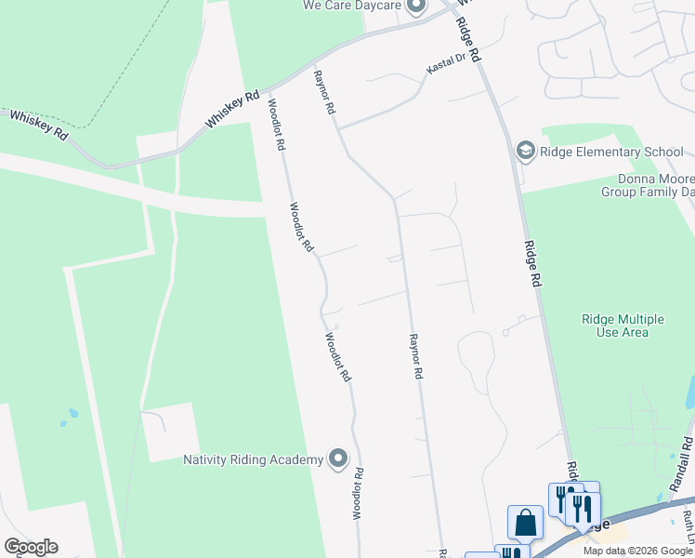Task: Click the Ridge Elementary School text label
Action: coord(612,152)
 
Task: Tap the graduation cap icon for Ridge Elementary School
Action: coord(525,152)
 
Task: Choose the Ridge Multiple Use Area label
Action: coord(623,325)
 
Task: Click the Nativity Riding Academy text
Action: coord(252,459)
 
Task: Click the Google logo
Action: coord(31,547)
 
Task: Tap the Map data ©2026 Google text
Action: coord(637,551)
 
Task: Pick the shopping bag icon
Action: coord(525,523)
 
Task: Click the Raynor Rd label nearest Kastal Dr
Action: coord(324,93)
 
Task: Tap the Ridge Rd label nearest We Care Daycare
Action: coord(469,40)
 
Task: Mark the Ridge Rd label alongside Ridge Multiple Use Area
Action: coord(532,264)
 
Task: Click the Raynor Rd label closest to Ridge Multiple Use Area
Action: coord(416,356)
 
